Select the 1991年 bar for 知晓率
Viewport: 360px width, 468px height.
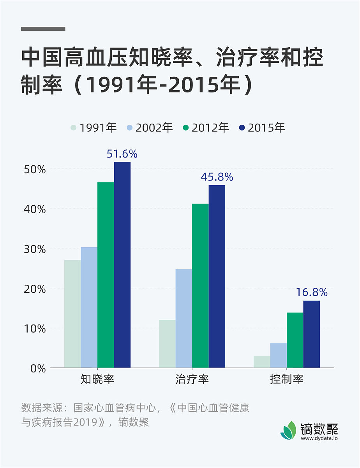click(72, 314)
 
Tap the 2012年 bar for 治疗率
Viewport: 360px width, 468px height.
click(200, 285)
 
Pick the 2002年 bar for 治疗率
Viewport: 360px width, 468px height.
click(184, 318)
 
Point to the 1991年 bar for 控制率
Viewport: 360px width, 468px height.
click(261, 362)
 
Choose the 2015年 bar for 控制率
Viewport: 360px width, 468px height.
click(311, 334)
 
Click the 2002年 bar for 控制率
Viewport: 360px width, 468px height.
click(278, 355)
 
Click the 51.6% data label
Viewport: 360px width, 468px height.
click(122, 154)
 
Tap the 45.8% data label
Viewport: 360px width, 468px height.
click(217, 177)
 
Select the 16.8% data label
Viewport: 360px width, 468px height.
click(311, 292)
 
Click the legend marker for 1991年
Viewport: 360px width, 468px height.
click(74, 128)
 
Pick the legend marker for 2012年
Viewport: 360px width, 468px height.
click(185, 128)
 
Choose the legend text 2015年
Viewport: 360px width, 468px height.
click(266, 128)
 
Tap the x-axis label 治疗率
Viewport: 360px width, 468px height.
click(192, 379)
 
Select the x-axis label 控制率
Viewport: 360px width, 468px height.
click(286, 379)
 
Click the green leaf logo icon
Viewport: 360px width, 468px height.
click(288, 431)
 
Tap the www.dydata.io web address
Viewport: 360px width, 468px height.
click(319, 438)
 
